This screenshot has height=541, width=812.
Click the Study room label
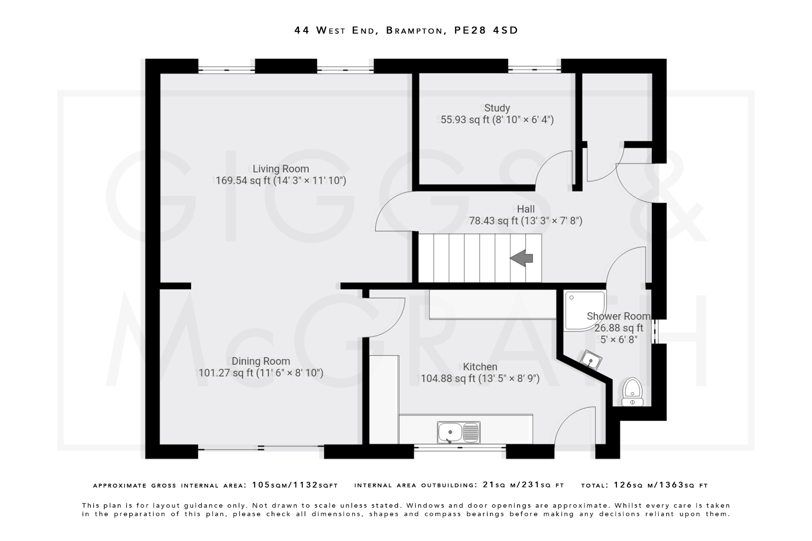coord(497,108)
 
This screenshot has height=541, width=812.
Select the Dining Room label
coord(260,361)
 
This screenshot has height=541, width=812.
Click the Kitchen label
coord(480,367)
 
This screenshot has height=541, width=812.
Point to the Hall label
coord(526,209)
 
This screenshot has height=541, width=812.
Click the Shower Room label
coord(618,316)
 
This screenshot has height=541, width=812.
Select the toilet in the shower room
coord(632,392)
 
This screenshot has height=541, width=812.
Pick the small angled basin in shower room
coord(591,359)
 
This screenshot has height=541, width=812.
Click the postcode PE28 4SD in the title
coord(486,31)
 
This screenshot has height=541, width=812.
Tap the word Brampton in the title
coord(414,31)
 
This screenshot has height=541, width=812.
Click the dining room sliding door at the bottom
coord(261,448)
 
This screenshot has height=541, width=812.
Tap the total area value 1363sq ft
coord(661,485)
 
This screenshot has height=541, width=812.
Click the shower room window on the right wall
coord(655,331)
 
